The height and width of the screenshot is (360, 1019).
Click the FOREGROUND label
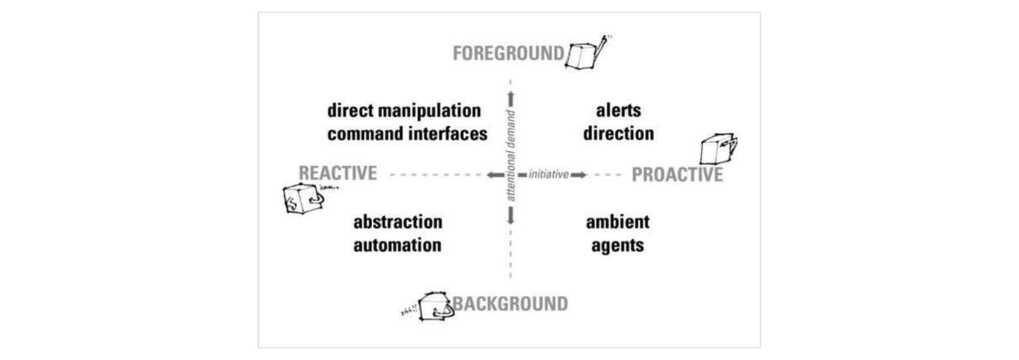508,53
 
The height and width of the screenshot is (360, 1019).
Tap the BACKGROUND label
510,304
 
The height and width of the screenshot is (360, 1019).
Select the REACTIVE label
337,173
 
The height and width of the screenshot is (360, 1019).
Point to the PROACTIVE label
677,175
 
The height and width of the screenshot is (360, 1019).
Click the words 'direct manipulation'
404,110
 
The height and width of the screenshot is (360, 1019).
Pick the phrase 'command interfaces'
407,134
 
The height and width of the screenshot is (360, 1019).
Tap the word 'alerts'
618,110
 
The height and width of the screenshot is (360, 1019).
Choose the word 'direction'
618,134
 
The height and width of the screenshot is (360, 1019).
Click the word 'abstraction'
398,222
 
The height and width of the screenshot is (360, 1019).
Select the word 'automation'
398,246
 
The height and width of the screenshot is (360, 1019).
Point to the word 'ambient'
618,222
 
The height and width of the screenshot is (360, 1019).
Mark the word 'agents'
618,246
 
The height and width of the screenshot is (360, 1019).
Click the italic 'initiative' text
548,175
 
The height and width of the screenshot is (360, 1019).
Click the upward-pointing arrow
511,98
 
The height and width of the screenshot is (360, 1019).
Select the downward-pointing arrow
511,216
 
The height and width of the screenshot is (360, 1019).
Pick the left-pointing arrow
494,175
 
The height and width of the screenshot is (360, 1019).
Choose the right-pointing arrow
579,175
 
